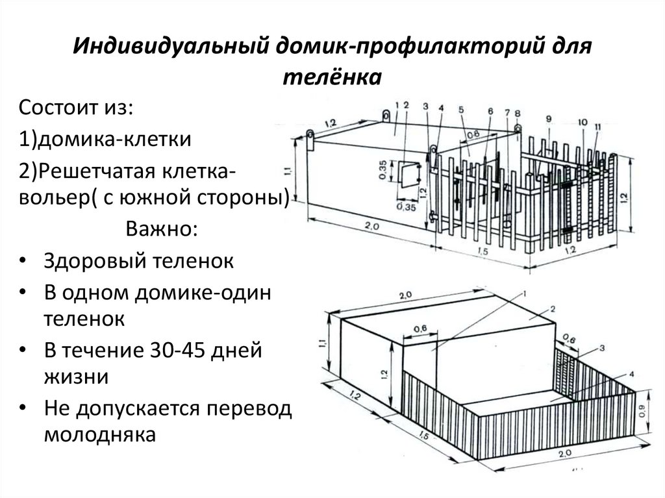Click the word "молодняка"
pos(99,434)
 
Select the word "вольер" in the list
pos(51,197)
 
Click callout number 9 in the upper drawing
pos(548,119)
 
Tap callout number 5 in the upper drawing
pos(460,110)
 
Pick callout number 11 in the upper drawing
pos(597,121)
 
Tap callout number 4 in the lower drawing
pos(631,375)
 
